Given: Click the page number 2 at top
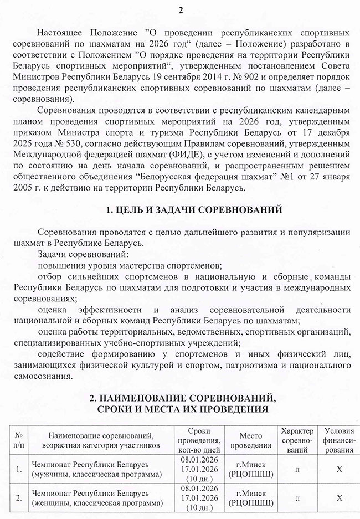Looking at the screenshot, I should click(x=181, y=11).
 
